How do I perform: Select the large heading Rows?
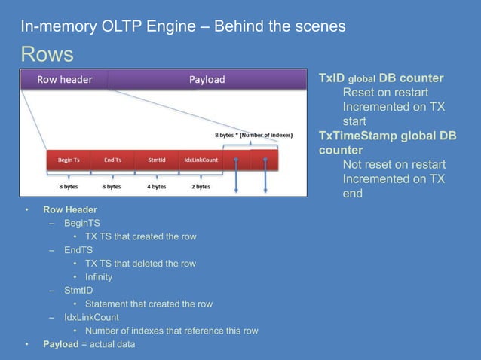(x=47, y=54)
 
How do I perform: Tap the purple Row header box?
(x=64, y=79)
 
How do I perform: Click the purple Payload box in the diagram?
(x=206, y=79)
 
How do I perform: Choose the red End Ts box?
(x=112, y=160)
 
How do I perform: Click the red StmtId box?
(x=156, y=160)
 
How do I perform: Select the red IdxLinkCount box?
(x=201, y=160)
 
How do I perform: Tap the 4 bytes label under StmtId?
(x=156, y=186)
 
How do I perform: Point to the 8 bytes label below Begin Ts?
(x=68, y=186)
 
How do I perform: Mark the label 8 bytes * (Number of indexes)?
(x=254, y=136)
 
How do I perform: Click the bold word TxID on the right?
(x=331, y=78)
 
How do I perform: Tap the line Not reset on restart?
(x=394, y=164)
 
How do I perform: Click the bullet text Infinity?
(x=98, y=276)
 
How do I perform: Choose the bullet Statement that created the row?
(x=149, y=304)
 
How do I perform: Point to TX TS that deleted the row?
(x=140, y=264)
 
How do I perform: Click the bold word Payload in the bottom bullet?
(x=60, y=344)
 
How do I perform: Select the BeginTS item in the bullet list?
(x=81, y=223)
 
